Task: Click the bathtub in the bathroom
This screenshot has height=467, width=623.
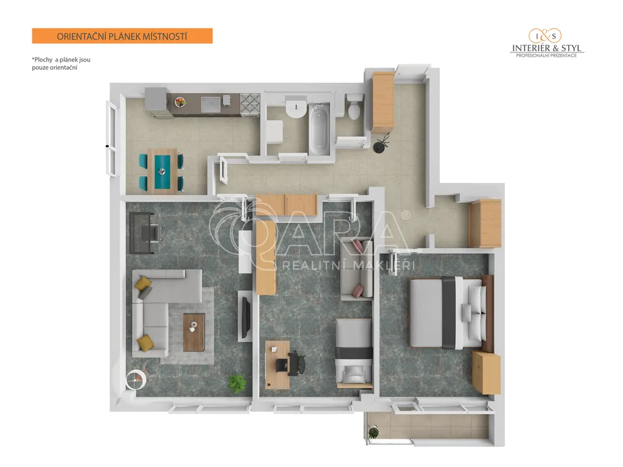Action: (319, 129)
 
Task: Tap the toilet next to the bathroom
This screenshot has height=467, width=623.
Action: (353, 106)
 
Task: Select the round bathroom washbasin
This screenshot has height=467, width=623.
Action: (296, 109)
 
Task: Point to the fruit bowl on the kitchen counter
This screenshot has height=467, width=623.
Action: (180, 102)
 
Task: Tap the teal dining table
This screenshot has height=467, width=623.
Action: (162, 171)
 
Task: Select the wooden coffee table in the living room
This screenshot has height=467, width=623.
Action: (194, 332)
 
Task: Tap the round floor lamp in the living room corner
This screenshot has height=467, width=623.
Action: (136, 379)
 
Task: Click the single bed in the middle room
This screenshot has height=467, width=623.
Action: (354, 353)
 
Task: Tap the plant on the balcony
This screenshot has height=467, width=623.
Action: (374, 433)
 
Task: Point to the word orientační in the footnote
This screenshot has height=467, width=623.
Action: (63, 67)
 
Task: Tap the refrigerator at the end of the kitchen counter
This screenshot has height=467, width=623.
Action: (155, 102)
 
